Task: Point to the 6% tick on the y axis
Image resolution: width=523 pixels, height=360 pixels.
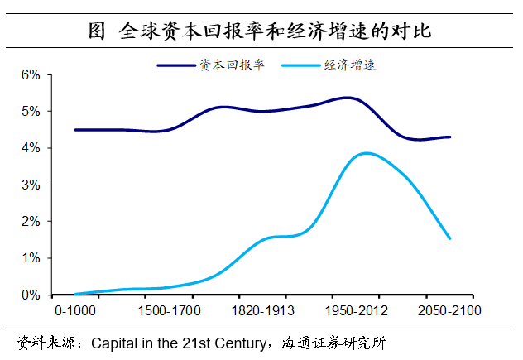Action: tap(31, 74)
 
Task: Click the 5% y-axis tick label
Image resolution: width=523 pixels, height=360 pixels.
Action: tap(31, 111)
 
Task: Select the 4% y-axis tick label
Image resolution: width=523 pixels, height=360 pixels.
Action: tap(31, 148)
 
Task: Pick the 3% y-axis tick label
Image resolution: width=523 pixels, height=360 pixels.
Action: tap(31, 185)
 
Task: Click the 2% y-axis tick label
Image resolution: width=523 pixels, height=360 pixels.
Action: tap(31, 221)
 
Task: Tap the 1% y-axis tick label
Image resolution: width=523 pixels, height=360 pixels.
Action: tap(31, 258)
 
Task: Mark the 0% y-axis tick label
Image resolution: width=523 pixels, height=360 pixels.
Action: tap(31, 295)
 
